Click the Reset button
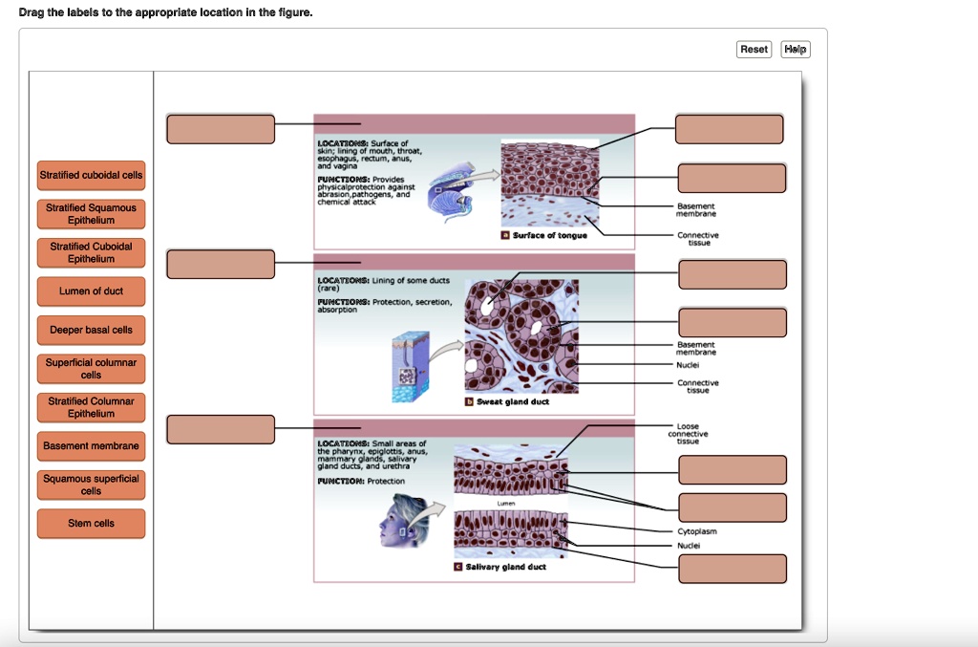click(754, 49)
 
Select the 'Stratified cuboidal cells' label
click(92, 175)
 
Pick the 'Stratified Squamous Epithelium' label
click(92, 214)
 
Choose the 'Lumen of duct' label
click(92, 291)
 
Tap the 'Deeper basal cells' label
click(92, 330)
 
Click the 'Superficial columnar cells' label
click(92, 369)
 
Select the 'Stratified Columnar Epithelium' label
click(92, 407)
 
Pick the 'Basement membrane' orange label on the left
click(92, 446)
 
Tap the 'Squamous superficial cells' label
click(92, 485)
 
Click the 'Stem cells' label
click(92, 524)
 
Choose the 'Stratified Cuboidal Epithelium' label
click(92, 252)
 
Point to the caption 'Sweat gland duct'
click(512, 402)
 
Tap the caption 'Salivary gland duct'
click(505, 568)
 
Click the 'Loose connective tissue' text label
click(688, 434)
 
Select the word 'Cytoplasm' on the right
click(697, 531)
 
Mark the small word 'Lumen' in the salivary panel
click(507, 503)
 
